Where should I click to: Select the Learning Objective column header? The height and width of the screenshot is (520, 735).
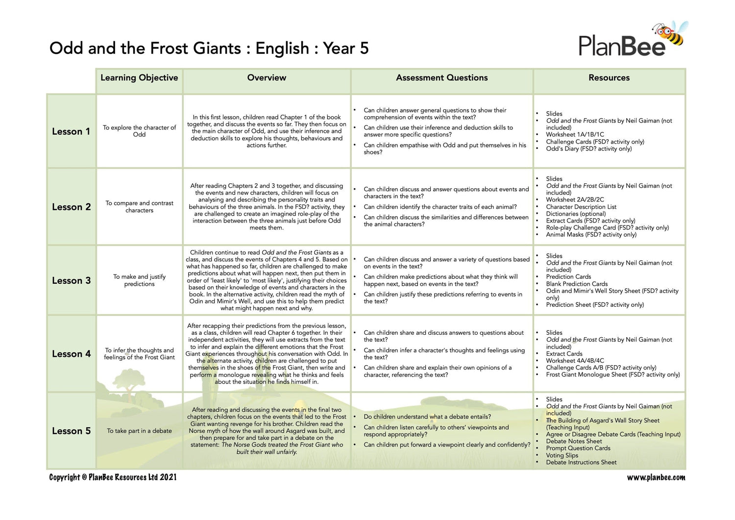point(139,78)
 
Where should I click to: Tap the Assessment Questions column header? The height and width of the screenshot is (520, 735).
point(441,78)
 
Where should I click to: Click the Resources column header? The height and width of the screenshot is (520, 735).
point(609,78)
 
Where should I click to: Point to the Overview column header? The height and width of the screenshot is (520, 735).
point(267,78)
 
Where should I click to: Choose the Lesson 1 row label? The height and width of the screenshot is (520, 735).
point(71,131)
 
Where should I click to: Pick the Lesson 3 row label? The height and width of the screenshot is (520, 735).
point(71,280)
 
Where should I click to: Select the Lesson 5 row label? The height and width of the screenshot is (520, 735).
point(71,431)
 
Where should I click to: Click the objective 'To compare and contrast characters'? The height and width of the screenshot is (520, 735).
point(139,206)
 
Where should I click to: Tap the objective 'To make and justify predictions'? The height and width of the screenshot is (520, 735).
point(139,280)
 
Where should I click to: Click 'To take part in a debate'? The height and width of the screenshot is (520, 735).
point(139,431)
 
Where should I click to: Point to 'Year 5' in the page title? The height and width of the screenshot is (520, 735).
point(345,48)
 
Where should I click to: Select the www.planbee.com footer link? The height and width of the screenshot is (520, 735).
point(656,477)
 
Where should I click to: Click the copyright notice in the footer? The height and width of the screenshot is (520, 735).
point(113,477)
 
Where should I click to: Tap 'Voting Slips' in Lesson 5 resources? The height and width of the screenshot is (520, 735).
point(562,455)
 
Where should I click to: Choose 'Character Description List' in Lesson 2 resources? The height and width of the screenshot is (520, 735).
point(581,207)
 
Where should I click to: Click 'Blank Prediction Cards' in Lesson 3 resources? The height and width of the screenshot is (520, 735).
point(577,284)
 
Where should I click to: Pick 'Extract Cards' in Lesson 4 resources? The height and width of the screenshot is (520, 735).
point(564,353)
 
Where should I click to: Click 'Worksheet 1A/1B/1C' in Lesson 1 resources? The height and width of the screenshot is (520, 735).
point(575,134)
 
